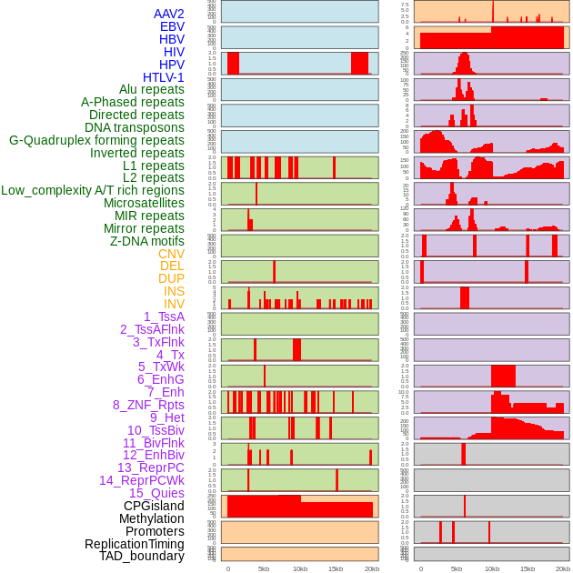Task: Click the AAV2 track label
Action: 169,14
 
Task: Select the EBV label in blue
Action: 172,26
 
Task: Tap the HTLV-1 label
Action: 164,77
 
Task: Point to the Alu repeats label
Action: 152,89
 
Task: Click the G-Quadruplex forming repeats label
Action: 96,140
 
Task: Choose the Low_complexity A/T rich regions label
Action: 93,190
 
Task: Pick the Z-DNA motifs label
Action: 147,241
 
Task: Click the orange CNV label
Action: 171,254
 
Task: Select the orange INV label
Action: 174,304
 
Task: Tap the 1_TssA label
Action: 164,317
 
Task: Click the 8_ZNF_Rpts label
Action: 148,405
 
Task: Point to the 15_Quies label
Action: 156,493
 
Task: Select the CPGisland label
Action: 154,506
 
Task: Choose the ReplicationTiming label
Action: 135,544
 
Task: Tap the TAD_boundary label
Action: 142,556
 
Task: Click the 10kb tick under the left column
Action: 299,568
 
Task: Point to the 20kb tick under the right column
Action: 563,568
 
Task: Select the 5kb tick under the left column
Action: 264,568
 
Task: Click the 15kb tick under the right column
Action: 528,568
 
